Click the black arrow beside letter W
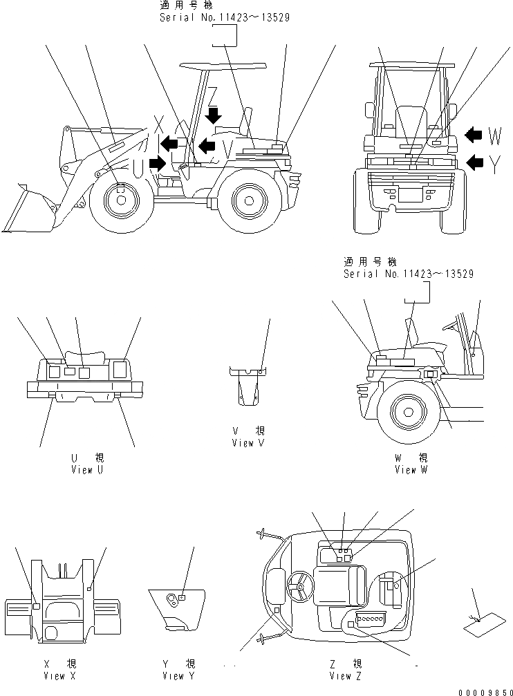pyautogui.click(x=474, y=134)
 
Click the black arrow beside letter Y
pyautogui.click(x=474, y=162)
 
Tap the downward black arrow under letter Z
pyautogui.click(x=214, y=114)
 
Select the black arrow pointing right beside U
pyautogui.click(x=157, y=164)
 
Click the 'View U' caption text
pyautogui.click(x=87, y=469)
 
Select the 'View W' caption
pyautogui.click(x=411, y=469)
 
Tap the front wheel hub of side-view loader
pyautogui.click(x=121, y=200)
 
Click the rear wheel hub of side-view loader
pyautogui.click(x=247, y=200)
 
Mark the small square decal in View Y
pyautogui.click(x=181, y=596)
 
